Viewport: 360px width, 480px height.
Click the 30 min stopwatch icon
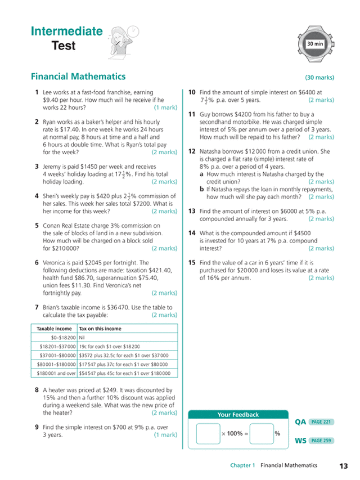click(315, 43)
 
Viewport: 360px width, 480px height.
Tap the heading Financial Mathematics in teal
click(78, 77)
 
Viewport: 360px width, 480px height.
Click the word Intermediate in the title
click(67, 32)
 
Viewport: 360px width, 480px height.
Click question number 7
click(37, 308)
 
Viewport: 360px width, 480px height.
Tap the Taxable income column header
click(54, 329)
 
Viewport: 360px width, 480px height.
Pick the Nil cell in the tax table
click(83, 338)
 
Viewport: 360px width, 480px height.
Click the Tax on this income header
click(100, 329)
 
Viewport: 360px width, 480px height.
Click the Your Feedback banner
click(238, 415)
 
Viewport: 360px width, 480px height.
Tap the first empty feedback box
click(208, 433)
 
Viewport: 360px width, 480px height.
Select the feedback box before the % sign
click(262, 433)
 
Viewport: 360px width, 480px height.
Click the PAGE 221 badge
click(321, 421)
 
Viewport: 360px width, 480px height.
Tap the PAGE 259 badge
click(321, 441)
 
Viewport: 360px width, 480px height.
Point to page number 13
click(344, 466)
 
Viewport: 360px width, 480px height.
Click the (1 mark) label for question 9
click(165, 435)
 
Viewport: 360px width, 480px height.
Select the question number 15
click(192, 262)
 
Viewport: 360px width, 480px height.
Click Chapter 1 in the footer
click(242, 466)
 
